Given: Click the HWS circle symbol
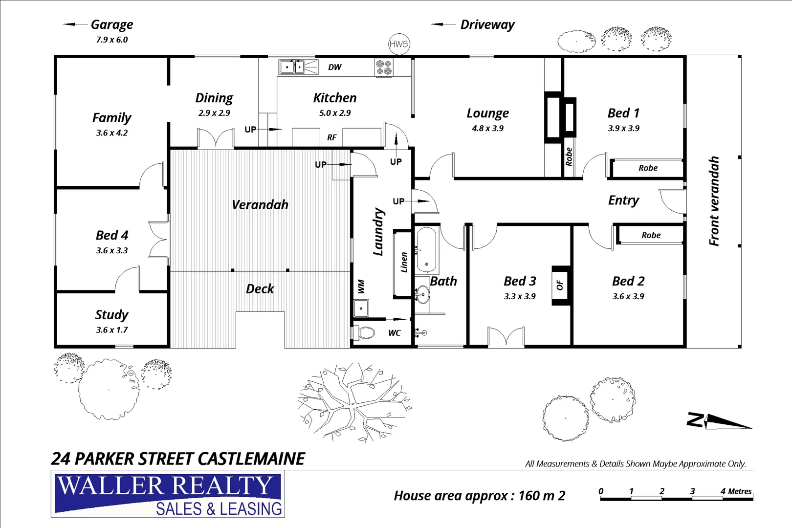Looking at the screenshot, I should pos(399,44).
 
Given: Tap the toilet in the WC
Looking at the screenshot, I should pos(364,333).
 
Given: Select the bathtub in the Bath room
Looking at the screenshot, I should pos(426,249).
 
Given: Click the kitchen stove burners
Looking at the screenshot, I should pos(383,67).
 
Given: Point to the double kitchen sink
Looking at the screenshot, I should pos(292,66).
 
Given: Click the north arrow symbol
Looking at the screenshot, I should pos(719,421).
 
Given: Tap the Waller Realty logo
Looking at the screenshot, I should pos(168,494).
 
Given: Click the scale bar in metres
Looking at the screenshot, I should pos(676,498).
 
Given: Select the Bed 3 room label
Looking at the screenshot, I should pos(520,281).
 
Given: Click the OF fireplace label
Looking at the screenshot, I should pos(560,286).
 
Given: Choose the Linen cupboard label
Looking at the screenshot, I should pos(404,263).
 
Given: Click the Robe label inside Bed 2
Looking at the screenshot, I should pos(651,235).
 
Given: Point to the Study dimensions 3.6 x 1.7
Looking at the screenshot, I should pos(111,330).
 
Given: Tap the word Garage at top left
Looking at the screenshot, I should pos(111,24).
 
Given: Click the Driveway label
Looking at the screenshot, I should pos(487,24).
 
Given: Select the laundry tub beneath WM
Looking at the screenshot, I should pos(361,308).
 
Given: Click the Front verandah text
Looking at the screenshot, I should pos(714,201).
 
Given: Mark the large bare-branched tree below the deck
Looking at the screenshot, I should pos(354,403).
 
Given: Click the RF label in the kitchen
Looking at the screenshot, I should pos(331,138).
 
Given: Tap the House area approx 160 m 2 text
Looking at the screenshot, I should pos(479,496).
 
